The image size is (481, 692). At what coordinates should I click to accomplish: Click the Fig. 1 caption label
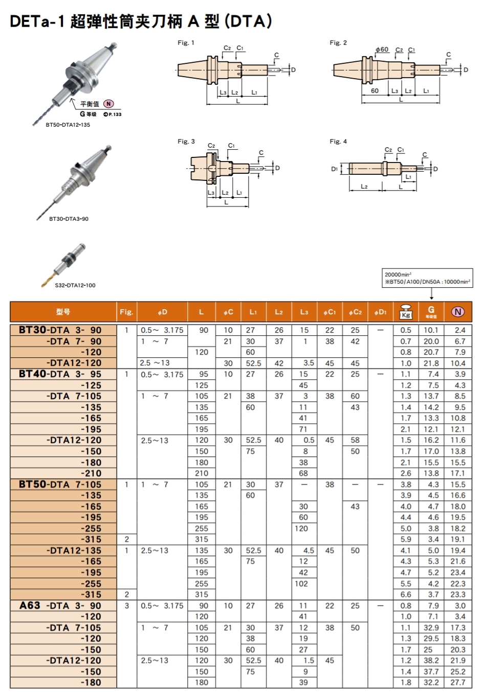pos(186,43)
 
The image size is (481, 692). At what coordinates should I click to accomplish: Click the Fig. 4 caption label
pos(338,142)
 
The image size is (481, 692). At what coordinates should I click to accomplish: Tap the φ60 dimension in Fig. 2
pos(382,50)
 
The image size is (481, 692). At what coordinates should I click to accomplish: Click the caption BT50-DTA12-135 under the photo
pos(68,125)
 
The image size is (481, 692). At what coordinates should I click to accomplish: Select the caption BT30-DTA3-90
pos(69,219)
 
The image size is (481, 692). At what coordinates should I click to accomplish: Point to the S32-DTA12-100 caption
pos(75,285)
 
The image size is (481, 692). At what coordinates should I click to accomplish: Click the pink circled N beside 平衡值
pos(108,104)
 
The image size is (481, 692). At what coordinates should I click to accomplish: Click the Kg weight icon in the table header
pos(406,312)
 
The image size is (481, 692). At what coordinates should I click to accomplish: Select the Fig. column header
pos(126,312)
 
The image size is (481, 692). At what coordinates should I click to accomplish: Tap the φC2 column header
pos(355,312)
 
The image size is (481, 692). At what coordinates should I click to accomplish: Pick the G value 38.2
pos(431,660)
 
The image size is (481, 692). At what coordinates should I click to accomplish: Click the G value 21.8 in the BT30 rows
pos(431,363)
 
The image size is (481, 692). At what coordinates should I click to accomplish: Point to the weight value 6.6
pos(406,594)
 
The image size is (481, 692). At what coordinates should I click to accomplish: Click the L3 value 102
pos(301,584)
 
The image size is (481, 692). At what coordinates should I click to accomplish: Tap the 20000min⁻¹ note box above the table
pos(427,279)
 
